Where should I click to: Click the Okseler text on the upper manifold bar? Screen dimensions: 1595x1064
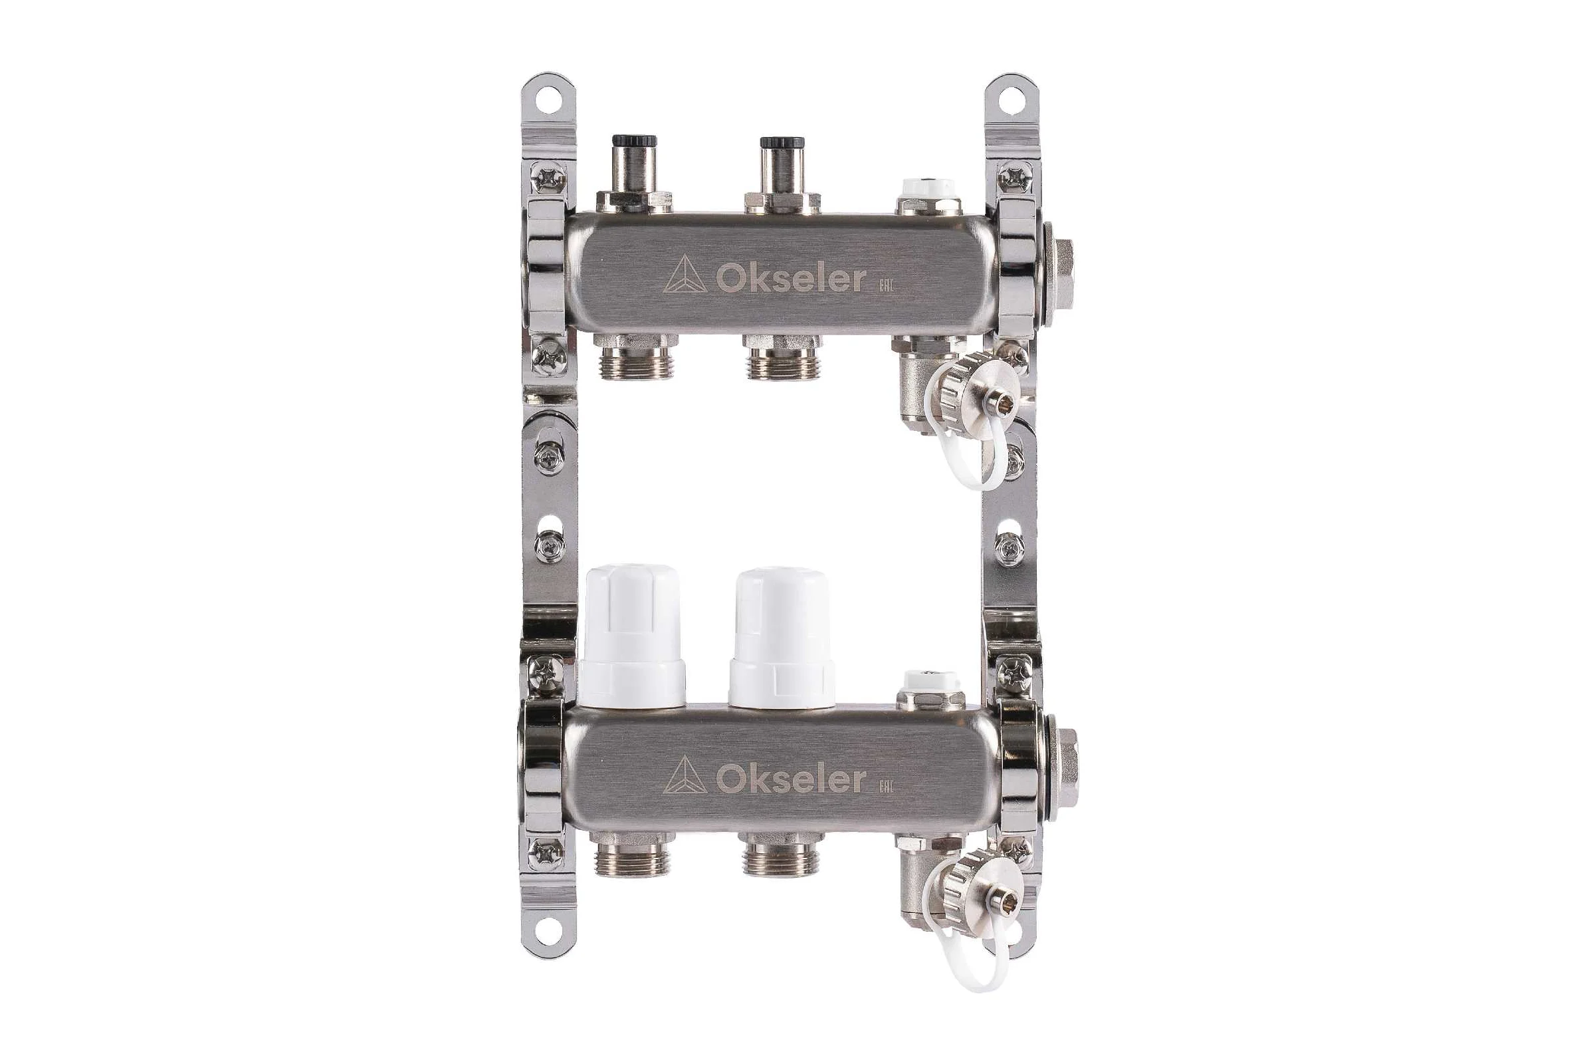790,279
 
